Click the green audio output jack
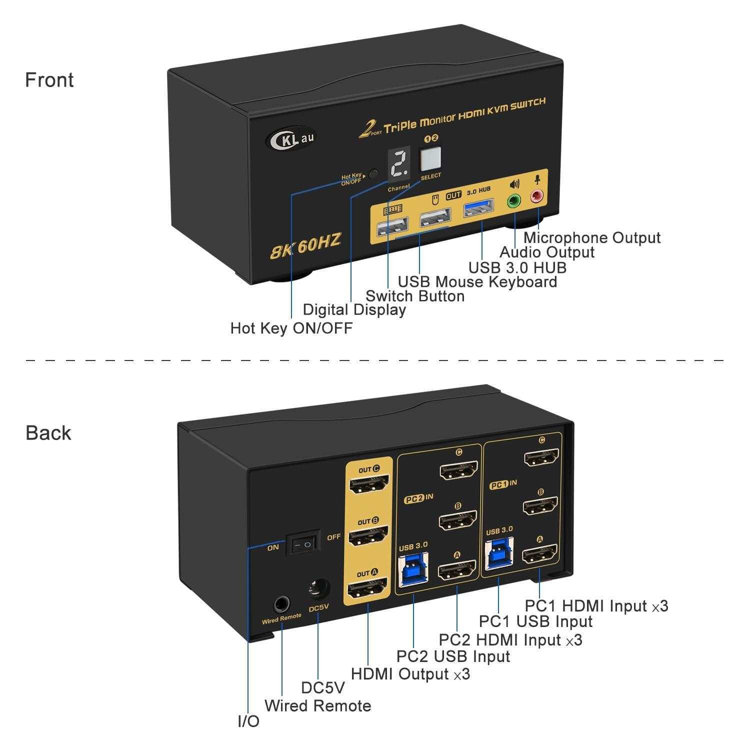tap(513, 201)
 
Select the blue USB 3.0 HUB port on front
tap(478, 207)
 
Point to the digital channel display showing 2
tap(399, 163)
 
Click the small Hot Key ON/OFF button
tap(373, 174)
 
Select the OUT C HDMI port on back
tap(369, 484)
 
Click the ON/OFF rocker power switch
tap(302, 544)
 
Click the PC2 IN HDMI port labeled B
tap(457, 520)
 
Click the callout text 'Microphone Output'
tap(591, 237)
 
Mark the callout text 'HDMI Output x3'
tap(410, 673)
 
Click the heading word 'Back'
tap(48, 433)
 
